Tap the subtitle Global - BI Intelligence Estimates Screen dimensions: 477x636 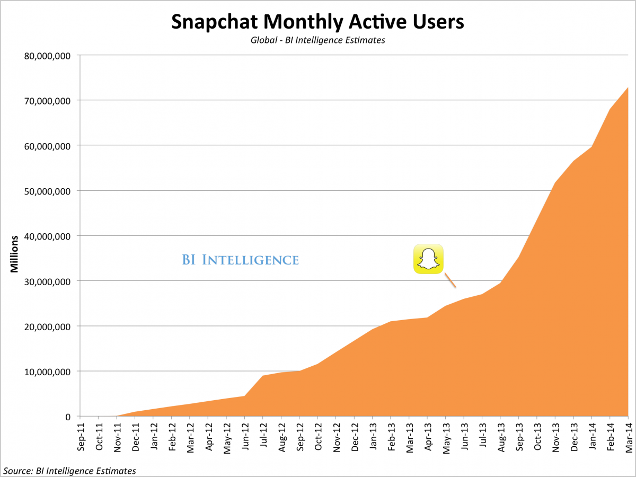pyautogui.click(x=317, y=40)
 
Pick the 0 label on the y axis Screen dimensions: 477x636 pyautogui.click(x=68, y=417)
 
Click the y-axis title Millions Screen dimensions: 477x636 pyautogui.click(x=15, y=254)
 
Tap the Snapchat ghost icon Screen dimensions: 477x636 pyautogui.click(x=428, y=259)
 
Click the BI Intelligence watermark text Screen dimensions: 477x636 pyautogui.click(x=240, y=260)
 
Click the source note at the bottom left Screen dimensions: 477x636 pyautogui.click(x=69, y=470)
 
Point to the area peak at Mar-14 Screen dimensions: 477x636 pyautogui.click(x=628, y=88)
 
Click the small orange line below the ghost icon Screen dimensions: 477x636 pyautogui.click(x=450, y=280)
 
